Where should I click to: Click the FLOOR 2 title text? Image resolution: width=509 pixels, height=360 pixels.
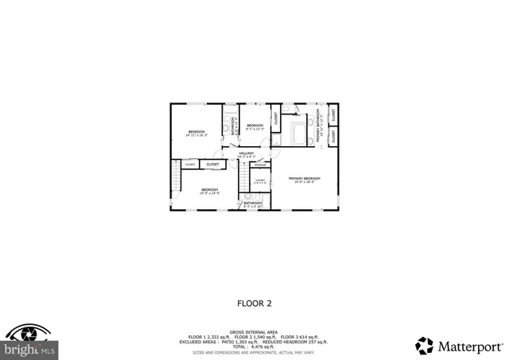pyautogui.click(x=254, y=303)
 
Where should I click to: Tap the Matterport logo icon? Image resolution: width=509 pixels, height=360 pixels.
pyautogui.click(x=425, y=346)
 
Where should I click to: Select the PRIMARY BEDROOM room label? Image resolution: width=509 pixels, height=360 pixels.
pyautogui.click(x=304, y=179)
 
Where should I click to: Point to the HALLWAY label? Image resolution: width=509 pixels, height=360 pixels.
pyautogui.click(x=245, y=154)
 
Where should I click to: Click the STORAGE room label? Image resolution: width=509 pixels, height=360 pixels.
pyautogui.click(x=260, y=165)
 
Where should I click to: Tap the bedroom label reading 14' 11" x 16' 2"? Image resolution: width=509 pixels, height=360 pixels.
pyautogui.click(x=196, y=133)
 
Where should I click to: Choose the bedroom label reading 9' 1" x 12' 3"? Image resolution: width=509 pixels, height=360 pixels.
pyautogui.click(x=254, y=127)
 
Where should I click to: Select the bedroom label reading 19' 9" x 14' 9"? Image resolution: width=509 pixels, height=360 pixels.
pyautogui.click(x=209, y=191)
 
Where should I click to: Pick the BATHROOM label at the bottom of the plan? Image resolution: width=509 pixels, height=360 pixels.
pyautogui.click(x=253, y=204)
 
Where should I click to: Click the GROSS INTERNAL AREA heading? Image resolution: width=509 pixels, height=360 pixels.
pyautogui.click(x=254, y=331)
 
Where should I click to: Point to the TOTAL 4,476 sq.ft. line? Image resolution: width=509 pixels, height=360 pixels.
pyautogui.click(x=254, y=346)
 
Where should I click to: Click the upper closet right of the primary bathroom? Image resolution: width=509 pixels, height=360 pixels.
pyautogui.click(x=333, y=114)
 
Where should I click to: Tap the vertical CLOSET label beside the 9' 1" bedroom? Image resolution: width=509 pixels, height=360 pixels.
pyautogui.click(x=276, y=119)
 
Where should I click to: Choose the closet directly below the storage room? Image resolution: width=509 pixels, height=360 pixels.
pyautogui.click(x=260, y=182)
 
